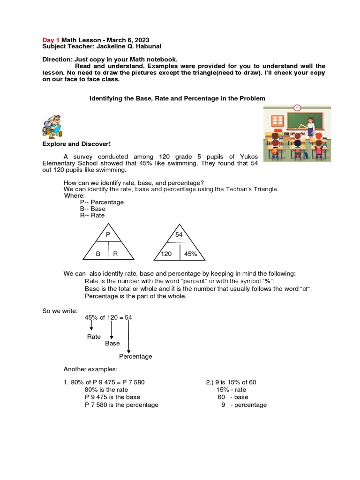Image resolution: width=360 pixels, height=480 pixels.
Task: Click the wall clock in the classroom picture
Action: (297, 108)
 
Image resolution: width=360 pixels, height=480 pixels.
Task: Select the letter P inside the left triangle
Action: (108, 234)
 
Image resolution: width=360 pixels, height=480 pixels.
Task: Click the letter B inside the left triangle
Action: (98, 254)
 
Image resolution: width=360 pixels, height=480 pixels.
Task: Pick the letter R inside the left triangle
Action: (115, 254)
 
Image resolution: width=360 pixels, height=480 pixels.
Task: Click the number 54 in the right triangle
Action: (179, 234)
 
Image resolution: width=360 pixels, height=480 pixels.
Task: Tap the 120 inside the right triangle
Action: (166, 254)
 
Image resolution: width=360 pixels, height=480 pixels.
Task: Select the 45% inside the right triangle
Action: (191, 254)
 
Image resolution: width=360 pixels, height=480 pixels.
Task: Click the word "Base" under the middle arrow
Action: (112, 344)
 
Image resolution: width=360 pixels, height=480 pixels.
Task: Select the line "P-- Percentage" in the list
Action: (102, 202)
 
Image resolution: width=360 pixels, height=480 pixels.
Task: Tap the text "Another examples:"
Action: (90, 369)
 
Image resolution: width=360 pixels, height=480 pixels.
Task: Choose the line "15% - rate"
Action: (231, 390)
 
